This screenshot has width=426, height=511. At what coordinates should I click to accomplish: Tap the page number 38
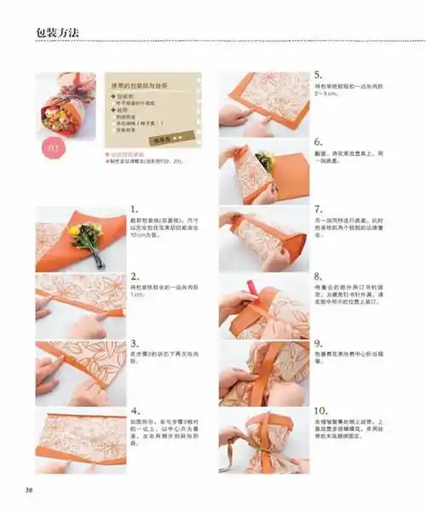pyautogui.click(x=28, y=489)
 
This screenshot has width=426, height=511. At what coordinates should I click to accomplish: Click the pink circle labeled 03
pyautogui.click(x=53, y=146)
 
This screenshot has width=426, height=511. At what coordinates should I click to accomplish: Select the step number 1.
pyautogui.click(x=135, y=209)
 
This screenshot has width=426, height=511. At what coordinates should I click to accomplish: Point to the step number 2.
pyautogui.click(x=135, y=277)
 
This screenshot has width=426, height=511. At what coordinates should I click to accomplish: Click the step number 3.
pyautogui.click(x=135, y=345)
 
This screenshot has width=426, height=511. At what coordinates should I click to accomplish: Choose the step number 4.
pyautogui.click(x=135, y=412)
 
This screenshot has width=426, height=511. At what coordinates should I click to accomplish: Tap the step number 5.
pyautogui.click(x=319, y=75)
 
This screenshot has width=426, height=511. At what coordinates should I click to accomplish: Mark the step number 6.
pyautogui.click(x=319, y=142)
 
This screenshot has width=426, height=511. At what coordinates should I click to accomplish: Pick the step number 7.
pyautogui.click(x=319, y=210)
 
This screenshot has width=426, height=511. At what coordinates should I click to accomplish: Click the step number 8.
pyautogui.click(x=319, y=277)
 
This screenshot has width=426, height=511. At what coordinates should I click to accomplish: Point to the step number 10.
pyautogui.click(x=322, y=412)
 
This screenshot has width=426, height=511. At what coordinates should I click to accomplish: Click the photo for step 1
pyautogui.click(x=81, y=238)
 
